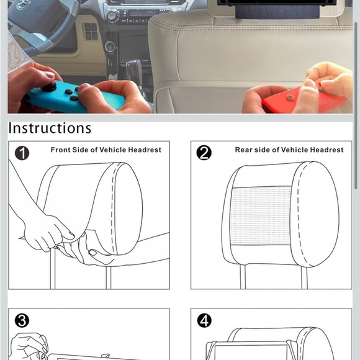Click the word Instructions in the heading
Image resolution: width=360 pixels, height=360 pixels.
(x=50, y=128)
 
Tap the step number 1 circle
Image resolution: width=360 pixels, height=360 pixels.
(x=22, y=153)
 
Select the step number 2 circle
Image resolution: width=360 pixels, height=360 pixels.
(x=204, y=153)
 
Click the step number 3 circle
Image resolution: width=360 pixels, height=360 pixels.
(x=22, y=320)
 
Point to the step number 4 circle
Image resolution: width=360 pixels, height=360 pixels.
(x=204, y=320)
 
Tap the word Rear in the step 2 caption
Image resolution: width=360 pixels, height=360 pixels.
(x=243, y=150)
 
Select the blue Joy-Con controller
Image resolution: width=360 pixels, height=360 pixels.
(x=76, y=97)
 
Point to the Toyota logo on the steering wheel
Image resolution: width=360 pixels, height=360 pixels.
(x=22, y=5)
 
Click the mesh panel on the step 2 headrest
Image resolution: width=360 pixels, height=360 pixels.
(x=261, y=216)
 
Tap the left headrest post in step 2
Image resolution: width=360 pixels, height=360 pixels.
(x=243, y=277)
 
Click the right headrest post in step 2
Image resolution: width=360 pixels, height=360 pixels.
(x=304, y=277)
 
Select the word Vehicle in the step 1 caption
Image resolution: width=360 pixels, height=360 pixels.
(x=113, y=150)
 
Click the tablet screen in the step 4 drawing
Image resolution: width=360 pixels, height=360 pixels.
(x=250, y=353)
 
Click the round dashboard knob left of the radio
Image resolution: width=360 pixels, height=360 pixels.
(x=112, y=16)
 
